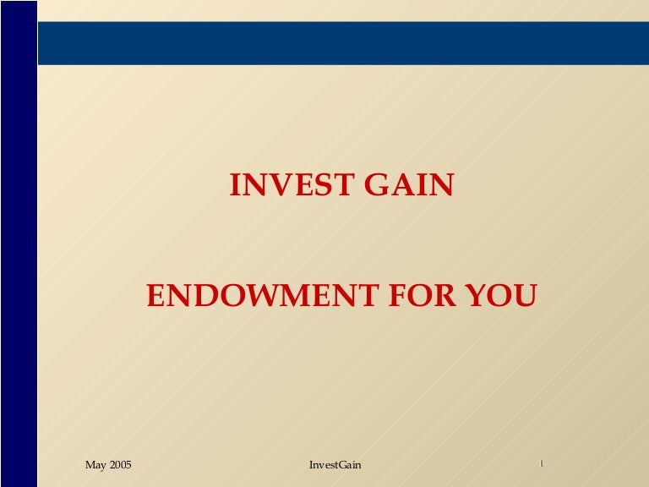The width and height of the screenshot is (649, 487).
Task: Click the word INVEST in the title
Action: tap(292, 184)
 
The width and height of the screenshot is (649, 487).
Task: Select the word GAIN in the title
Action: tap(409, 184)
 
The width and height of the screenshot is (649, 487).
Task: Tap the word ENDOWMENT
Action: tap(263, 295)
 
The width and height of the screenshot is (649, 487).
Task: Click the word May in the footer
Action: tap(95, 465)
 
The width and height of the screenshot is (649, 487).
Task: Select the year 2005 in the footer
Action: tap(120, 465)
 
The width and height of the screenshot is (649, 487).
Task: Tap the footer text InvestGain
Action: tap(335, 465)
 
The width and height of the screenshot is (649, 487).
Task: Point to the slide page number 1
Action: tap(542, 463)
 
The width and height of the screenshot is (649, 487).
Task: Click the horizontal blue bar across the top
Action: tap(344, 43)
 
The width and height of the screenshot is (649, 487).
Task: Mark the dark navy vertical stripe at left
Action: tap(19, 243)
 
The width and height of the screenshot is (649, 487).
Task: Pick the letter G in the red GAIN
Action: tap(377, 184)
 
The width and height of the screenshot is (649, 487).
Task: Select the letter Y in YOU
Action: tap(477, 295)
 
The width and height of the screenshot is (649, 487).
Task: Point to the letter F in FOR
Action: tap(399, 295)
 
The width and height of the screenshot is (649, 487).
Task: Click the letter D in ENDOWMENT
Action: tap(207, 295)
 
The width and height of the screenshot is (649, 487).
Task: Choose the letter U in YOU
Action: tap(525, 296)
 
